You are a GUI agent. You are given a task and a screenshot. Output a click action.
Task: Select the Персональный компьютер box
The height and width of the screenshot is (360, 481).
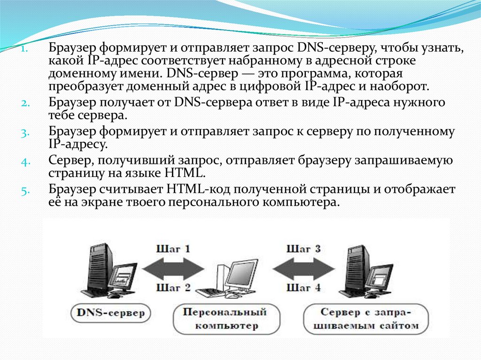(x=225, y=319)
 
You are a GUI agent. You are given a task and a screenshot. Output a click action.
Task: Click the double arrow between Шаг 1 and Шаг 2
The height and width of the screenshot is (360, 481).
(x=173, y=268)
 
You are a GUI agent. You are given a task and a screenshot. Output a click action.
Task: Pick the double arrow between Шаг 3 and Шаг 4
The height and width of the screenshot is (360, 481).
(x=303, y=268)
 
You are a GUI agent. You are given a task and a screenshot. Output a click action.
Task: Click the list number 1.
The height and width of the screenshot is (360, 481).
(x=25, y=49)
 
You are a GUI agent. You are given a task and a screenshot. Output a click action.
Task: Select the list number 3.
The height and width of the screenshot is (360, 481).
(x=25, y=132)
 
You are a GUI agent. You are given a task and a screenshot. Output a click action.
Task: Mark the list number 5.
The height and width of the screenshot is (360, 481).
(x=25, y=191)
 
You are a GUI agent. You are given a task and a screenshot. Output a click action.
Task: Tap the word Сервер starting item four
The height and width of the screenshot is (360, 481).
(x=71, y=161)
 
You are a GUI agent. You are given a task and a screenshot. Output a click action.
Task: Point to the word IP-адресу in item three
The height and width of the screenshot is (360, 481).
(x=78, y=144)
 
